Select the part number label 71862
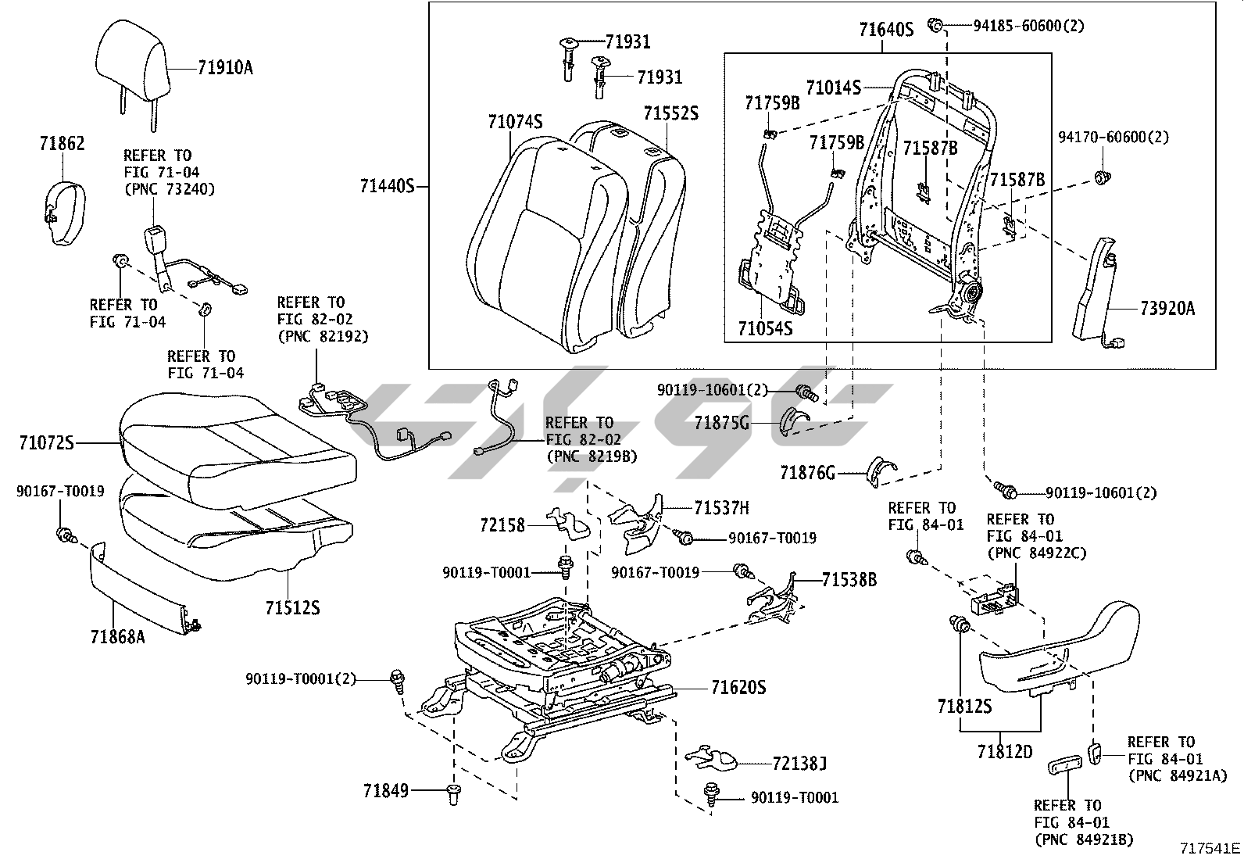(62, 144)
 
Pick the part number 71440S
(387, 187)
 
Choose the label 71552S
(671, 114)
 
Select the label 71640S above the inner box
(886, 30)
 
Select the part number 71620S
(738, 689)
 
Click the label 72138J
(788, 763)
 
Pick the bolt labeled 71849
(452, 793)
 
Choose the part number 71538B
(849, 580)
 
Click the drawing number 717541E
(1210, 848)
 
